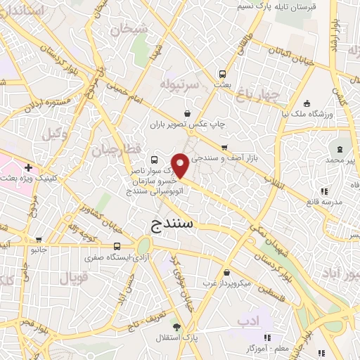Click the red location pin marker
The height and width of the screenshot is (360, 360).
pos(181,166)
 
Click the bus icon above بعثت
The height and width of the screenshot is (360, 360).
pos(222,73)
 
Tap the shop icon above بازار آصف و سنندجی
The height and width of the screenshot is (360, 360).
pos(224,148)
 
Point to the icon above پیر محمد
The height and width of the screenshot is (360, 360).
pos(340,149)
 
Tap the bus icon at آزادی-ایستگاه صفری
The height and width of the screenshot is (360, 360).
pos(117,246)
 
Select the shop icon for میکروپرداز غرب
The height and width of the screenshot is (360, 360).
pos(225,273)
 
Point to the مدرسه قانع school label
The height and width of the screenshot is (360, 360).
pos(323,202)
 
